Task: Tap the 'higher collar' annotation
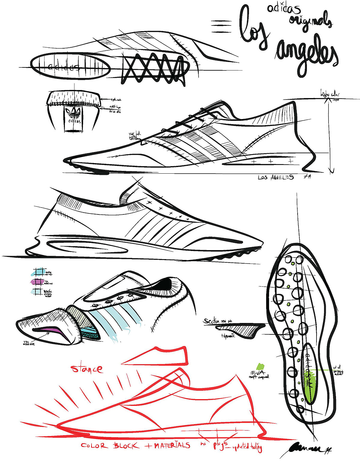[330, 94]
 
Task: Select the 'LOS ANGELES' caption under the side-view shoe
[276, 177]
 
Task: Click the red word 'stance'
[87, 369]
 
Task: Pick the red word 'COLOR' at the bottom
[94, 446]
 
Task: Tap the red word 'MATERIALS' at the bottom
[172, 445]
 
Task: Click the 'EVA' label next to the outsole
[257, 373]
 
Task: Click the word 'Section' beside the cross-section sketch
[212, 321]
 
